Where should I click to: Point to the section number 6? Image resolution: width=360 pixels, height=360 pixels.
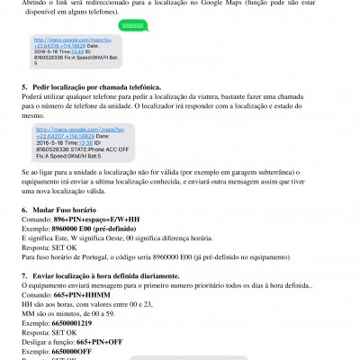click(x=23, y=209)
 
